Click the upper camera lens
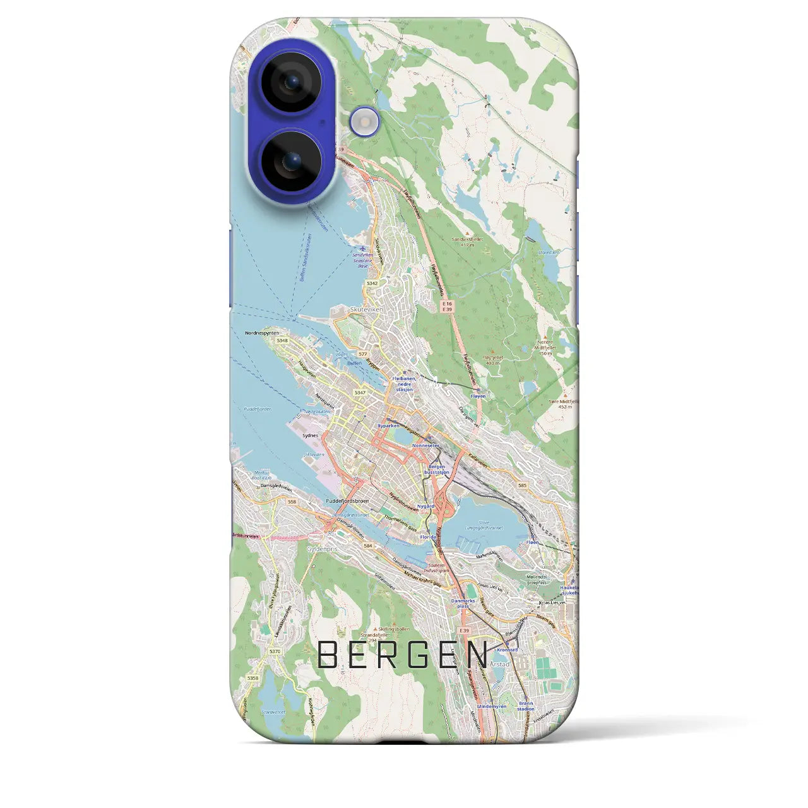click(291, 81)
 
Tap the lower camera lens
click(291, 161)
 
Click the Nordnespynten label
click(262, 332)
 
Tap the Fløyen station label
click(478, 396)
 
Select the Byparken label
click(388, 425)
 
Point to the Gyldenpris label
click(322, 549)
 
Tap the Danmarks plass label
click(463, 603)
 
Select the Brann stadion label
click(525, 706)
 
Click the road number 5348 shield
click(282, 341)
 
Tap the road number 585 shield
click(521, 485)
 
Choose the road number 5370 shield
click(274, 651)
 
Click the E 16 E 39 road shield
click(447, 307)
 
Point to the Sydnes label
click(310, 436)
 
